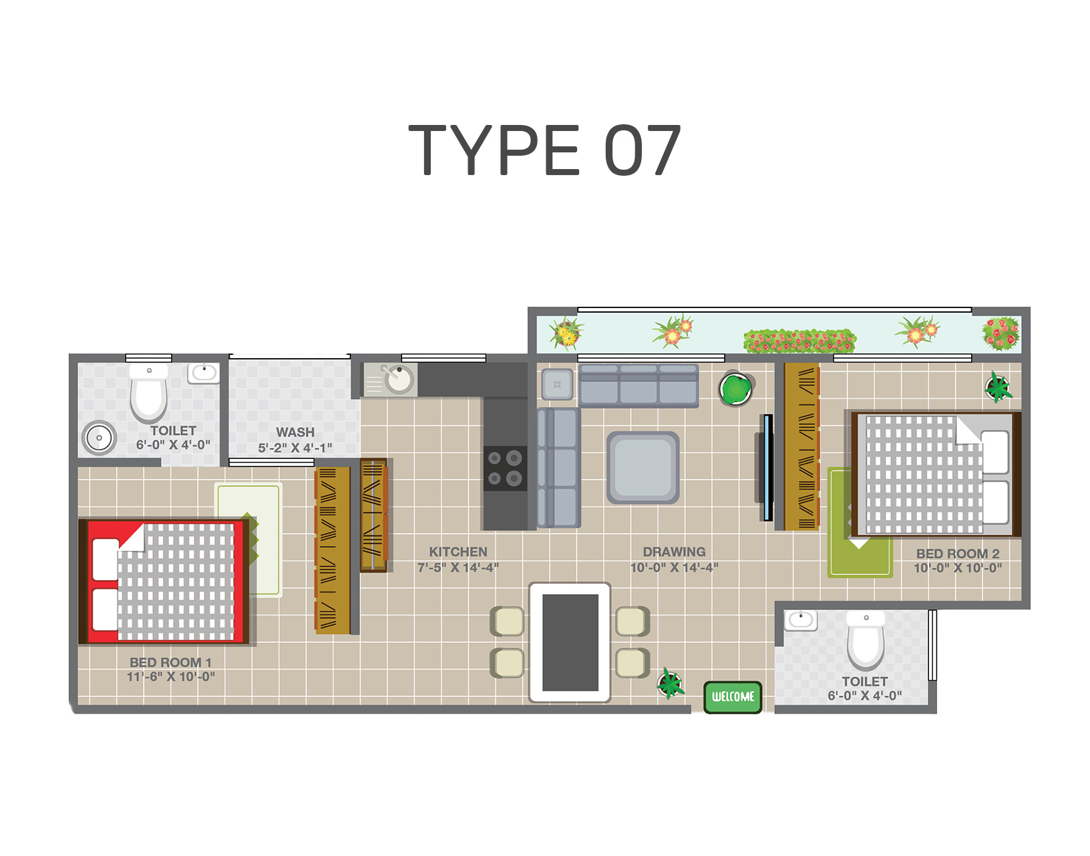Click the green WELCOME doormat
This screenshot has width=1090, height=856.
(x=733, y=697)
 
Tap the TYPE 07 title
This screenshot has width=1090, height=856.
(x=545, y=150)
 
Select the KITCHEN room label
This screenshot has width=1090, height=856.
(x=458, y=552)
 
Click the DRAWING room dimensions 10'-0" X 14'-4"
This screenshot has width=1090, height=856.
(x=674, y=567)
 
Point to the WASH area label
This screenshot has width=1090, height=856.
(x=295, y=432)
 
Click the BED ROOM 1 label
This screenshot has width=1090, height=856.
(x=170, y=662)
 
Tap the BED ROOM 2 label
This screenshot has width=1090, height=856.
(x=958, y=553)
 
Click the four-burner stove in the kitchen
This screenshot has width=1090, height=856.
(x=505, y=468)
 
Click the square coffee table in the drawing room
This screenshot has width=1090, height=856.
(x=643, y=468)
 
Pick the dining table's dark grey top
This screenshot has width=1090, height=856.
(x=570, y=643)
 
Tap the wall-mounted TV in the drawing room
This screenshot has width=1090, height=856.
(x=766, y=468)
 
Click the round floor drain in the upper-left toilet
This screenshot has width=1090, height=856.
(x=100, y=438)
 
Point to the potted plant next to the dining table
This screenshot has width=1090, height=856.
(x=671, y=682)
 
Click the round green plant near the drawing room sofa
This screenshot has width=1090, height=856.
(x=736, y=389)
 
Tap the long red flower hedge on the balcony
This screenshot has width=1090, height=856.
(x=799, y=341)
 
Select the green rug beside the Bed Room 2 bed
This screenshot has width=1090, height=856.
(x=860, y=522)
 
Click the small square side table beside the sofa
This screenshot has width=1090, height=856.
(x=557, y=384)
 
